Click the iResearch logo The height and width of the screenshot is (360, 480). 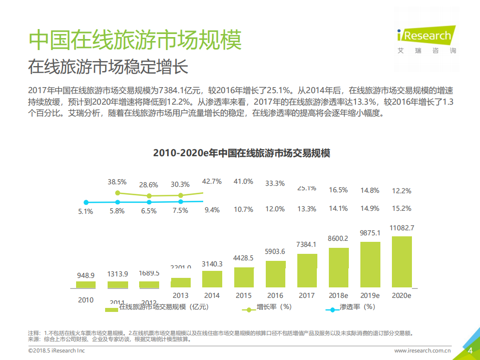click(426, 36)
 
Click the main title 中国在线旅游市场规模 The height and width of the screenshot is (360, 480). click(135, 40)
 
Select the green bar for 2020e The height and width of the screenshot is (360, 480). click(401, 262)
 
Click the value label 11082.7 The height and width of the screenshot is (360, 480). click(401, 228)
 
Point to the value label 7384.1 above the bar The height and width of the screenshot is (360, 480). click(306, 245)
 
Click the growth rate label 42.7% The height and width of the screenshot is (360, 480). click(212, 181)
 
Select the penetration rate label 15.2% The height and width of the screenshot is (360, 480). click(401, 208)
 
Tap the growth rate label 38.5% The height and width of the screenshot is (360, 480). click(117, 181)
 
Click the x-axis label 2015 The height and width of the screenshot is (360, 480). click(243, 295)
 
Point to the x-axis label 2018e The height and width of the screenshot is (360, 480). click(338, 295)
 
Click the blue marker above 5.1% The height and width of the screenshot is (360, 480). click(86, 202)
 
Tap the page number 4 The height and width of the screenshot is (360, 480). click(469, 350)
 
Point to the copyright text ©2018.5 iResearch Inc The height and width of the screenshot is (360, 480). click(57, 351)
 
